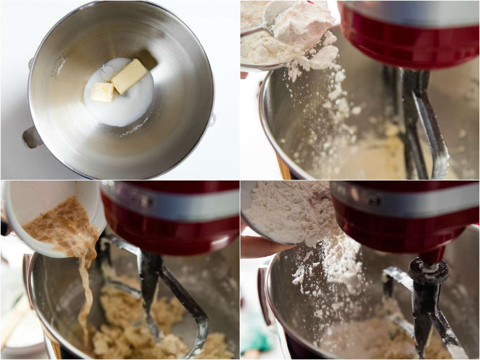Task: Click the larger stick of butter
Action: (126, 75)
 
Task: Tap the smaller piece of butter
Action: (102, 91)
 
